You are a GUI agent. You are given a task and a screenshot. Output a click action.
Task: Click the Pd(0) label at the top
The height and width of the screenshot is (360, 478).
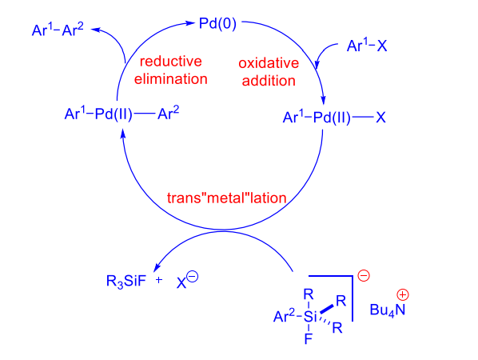tap(217, 24)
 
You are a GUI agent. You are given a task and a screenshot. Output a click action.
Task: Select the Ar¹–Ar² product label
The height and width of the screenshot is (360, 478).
tap(58, 30)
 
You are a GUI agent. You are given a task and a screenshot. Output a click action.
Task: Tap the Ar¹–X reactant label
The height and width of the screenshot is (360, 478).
tap(367, 46)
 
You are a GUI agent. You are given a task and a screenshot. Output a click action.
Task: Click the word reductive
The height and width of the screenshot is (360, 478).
tap(171, 62)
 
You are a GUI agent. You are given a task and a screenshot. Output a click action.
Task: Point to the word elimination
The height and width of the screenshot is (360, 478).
tap(171, 79)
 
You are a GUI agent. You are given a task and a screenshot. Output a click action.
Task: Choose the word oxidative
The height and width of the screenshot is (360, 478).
tap(269, 63)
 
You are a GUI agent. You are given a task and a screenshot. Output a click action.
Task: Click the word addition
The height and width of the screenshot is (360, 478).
tap(269, 81)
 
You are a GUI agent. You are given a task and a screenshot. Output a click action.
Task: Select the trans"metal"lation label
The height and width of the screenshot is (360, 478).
tap(226, 198)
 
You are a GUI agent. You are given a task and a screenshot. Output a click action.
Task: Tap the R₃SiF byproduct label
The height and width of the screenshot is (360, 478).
tap(126, 281)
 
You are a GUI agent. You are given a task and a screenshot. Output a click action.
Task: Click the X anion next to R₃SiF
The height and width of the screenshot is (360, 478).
tap(181, 283)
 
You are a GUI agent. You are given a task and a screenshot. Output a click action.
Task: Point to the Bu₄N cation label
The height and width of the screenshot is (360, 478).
tap(388, 310)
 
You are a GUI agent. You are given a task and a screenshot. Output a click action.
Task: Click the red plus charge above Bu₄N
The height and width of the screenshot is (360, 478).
tap(403, 294)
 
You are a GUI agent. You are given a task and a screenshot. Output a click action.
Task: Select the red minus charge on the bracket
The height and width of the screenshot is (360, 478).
tap(364, 275)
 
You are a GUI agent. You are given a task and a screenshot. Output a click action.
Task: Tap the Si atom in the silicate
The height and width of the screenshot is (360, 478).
tap(310, 317)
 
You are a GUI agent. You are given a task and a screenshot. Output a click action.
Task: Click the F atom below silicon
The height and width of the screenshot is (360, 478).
tap(309, 338)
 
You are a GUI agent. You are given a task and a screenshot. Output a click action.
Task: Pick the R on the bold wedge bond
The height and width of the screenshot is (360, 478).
tap(341, 301)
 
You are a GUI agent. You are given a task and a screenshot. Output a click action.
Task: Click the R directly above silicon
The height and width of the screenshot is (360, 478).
tap(309, 294)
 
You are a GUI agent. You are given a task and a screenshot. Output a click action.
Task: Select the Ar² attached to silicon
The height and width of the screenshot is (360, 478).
tap(284, 316)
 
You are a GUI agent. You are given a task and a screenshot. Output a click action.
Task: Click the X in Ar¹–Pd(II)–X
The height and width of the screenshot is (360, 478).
tap(380, 118)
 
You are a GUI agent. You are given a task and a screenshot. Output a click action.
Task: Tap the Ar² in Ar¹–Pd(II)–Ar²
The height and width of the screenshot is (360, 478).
tap(169, 113)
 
